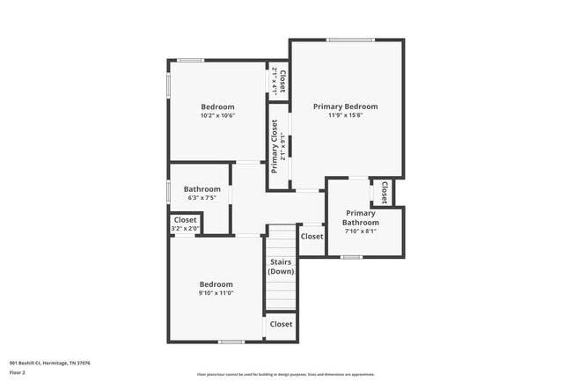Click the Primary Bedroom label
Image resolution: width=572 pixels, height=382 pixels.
346,106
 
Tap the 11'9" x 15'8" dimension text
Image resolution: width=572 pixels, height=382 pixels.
346,115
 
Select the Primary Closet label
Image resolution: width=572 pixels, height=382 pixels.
275,146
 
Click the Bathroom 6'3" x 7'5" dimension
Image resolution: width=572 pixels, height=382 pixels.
202,199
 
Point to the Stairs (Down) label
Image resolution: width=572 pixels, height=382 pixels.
281,266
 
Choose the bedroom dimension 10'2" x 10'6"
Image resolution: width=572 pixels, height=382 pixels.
216,115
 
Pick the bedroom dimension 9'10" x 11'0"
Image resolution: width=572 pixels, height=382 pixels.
216,294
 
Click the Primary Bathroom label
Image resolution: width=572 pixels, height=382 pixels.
361,217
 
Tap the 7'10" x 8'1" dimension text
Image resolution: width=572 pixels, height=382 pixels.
361,231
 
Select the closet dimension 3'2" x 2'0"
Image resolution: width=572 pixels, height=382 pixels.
186,229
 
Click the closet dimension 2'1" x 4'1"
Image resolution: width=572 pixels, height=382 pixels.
274,81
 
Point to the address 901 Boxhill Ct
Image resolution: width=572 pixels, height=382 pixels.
49,363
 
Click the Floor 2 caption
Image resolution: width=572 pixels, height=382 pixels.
18,372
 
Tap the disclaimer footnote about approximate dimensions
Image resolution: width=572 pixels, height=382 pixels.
285,374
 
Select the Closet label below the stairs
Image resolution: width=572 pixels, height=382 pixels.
281,324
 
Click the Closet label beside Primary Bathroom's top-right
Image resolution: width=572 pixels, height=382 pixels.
385,191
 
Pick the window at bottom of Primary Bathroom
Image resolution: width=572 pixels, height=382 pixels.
352,257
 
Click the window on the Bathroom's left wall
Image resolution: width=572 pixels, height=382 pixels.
169,191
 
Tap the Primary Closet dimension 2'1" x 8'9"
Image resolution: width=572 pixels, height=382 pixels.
283,146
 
